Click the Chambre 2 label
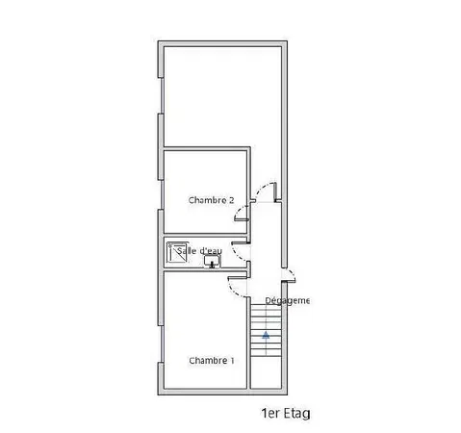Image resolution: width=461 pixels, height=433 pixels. pos(211,200)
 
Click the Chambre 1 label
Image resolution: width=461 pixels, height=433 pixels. pos(211,361)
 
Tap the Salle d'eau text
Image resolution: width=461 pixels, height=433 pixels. pos(199,251)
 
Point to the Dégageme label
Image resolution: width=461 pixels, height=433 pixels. pos(287,300)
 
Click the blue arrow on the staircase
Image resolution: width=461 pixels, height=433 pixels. pos(265,335)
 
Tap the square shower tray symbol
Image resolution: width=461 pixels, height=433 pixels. pos(176,253)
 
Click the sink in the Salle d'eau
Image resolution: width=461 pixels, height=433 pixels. pos(211,261)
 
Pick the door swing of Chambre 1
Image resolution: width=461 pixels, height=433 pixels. pos(236,283)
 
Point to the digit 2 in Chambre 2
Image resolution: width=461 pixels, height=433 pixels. pos(231,200)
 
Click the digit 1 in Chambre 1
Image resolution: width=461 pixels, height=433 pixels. pos(231,361)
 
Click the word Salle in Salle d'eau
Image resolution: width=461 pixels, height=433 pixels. pos(187,251)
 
